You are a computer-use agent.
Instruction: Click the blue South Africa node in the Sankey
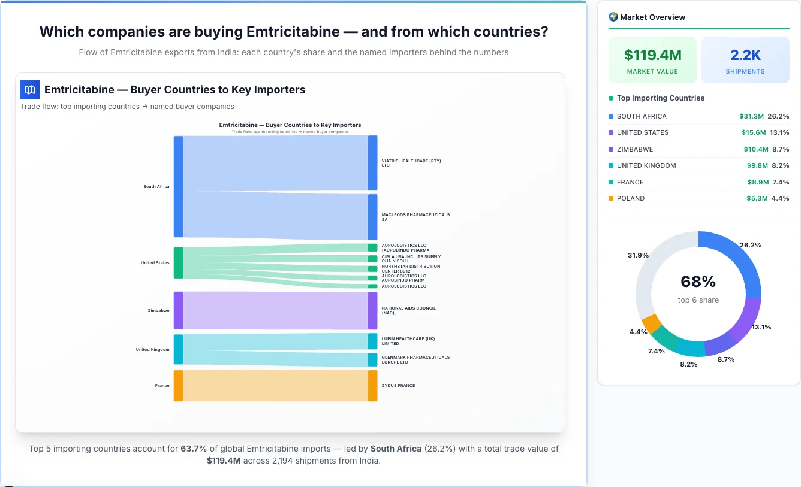pyautogui.click(x=178, y=186)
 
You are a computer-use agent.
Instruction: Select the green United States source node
pyautogui.click(x=178, y=262)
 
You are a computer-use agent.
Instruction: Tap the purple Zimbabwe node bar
pyautogui.click(x=178, y=310)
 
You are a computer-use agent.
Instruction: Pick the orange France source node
pyautogui.click(x=178, y=385)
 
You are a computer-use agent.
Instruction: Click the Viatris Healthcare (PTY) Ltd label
pyautogui.click(x=411, y=163)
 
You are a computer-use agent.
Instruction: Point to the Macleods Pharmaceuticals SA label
pyautogui.click(x=415, y=217)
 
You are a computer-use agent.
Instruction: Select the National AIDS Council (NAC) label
pyautogui.click(x=409, y=310)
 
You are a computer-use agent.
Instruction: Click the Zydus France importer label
pyautogui.click(x=398, y=385)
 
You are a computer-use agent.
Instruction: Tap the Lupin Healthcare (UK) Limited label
pyautogui.click(x=408, y=341)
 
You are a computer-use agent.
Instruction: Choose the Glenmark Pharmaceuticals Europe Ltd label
pyautogui.click(x=415, y=359)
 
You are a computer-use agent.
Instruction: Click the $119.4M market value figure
pyautogui.click(x=652, y=55)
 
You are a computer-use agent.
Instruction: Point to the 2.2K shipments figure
pyautogui.click(x=745, y=55)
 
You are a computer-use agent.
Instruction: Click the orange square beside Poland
pyautogui.click(x=611, y=198)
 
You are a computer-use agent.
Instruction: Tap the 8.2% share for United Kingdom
pyautogui.click(x=780, y=165)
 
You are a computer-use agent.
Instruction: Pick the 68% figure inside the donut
pyautogui.click(x=698, y=282)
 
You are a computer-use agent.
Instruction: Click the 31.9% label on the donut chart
pyautogui.click(x=638, y=255)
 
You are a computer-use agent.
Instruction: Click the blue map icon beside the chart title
pyautogui.click(x=30, y=90)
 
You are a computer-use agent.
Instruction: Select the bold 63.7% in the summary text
pyautogui.click(x=194, y=449)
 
